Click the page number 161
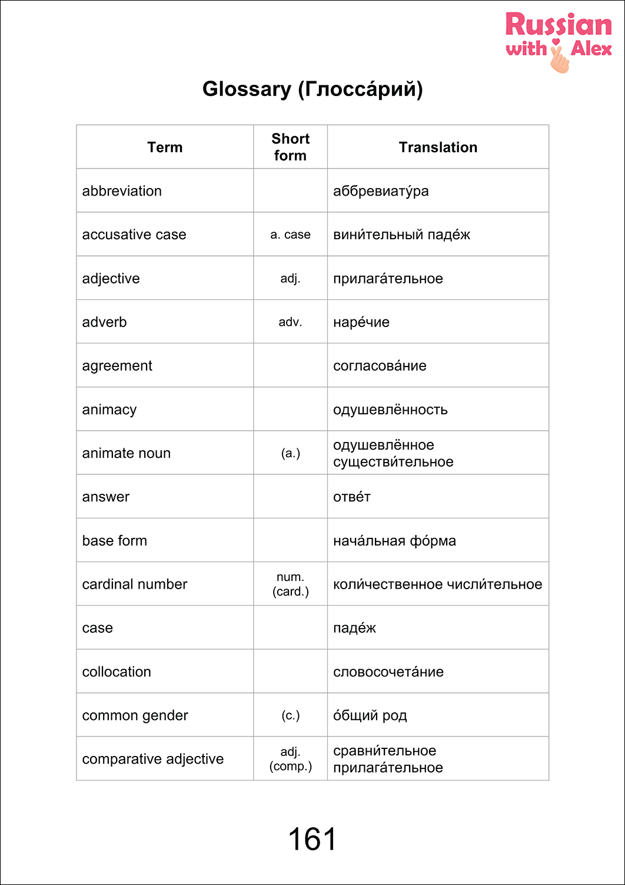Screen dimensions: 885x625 point(312,839)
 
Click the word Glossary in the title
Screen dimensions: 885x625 point(247,89)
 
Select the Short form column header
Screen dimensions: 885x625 point(290,147)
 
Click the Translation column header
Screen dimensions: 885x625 point(438,147)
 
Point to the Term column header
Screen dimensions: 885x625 point(165,147)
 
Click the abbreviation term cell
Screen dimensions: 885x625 point(122,191)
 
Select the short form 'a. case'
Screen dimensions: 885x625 point(290,235)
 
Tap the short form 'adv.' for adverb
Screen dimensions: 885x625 point(290,322)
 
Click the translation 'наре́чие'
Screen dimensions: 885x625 point(361,322)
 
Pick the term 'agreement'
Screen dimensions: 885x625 point(117,366)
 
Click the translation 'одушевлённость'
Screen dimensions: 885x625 point(390,410)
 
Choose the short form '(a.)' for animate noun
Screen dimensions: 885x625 point(290,453)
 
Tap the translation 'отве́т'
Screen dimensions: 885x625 point(352,497)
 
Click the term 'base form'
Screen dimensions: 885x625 point(115,541)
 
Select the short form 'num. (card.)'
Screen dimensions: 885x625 point(290,585)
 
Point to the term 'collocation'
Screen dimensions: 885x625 point(117,672)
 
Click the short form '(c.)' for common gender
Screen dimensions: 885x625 point(290,715)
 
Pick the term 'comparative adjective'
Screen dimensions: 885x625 point(153,759)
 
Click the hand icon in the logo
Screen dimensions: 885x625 point(559,58)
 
